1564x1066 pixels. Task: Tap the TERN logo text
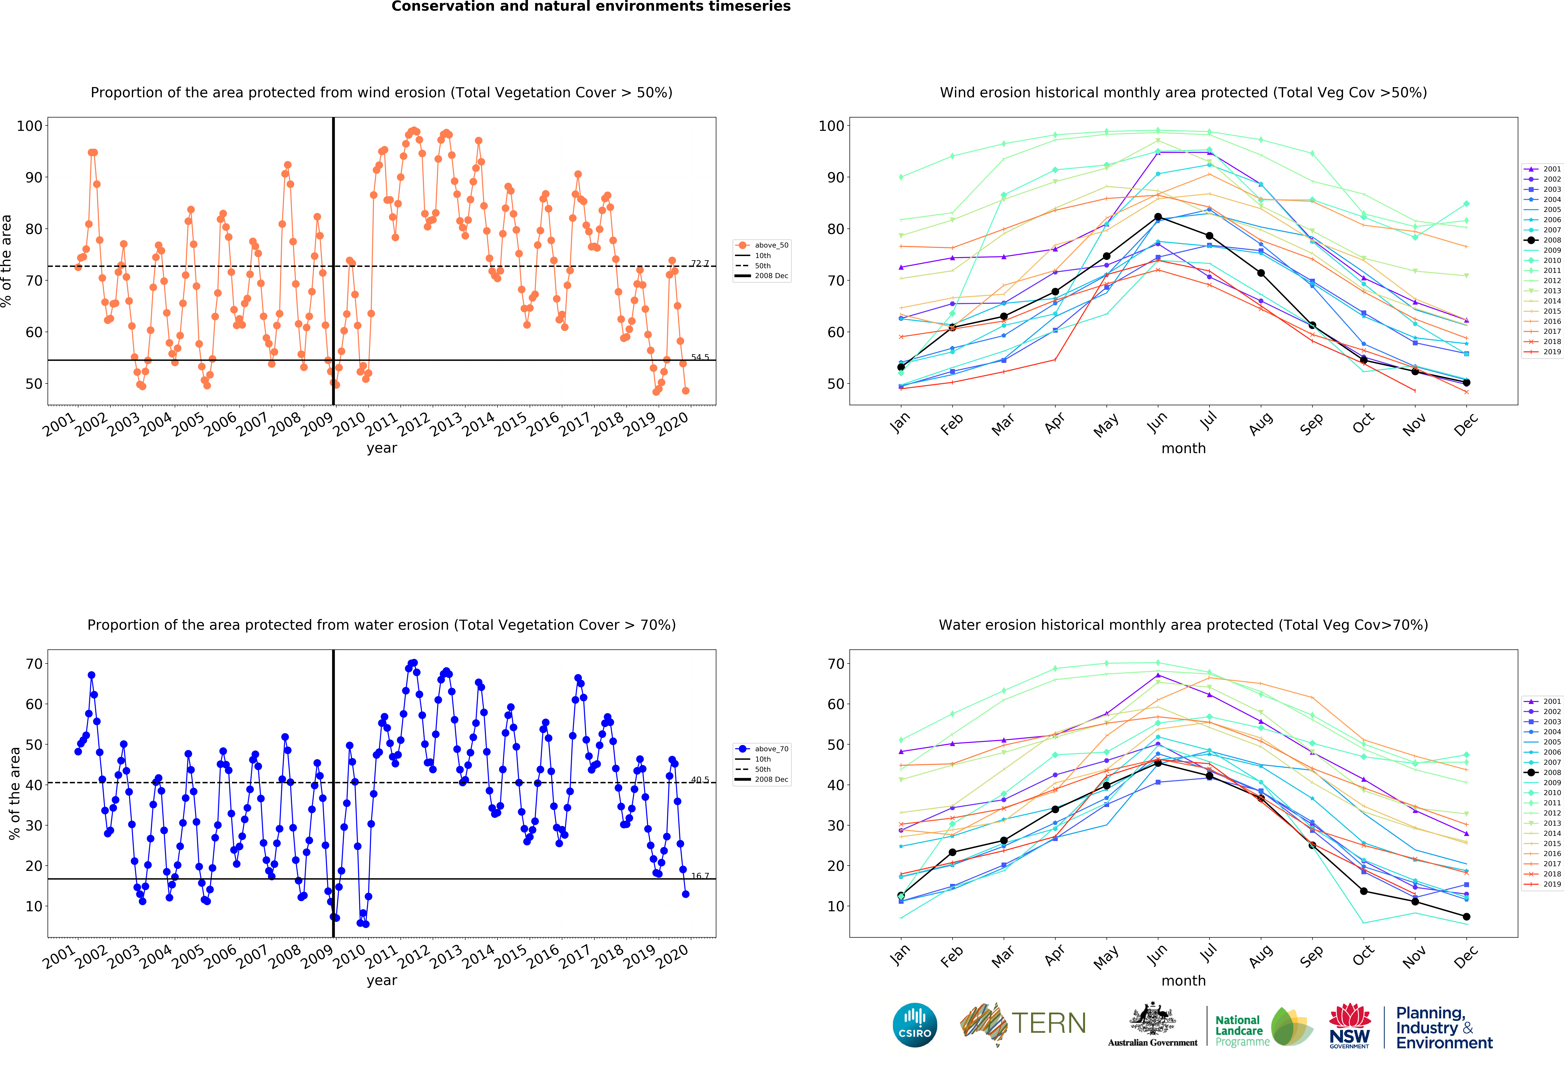1049,1024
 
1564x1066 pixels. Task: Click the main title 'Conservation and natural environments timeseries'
591,7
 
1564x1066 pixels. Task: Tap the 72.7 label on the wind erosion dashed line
700,263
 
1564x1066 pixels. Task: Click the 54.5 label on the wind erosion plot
700,357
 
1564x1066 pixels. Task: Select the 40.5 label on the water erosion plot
700,779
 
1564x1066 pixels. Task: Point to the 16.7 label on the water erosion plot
700,876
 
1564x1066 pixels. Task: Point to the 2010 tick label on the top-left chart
349,425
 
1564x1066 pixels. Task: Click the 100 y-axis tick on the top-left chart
30,126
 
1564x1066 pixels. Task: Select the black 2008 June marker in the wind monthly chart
1158,217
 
